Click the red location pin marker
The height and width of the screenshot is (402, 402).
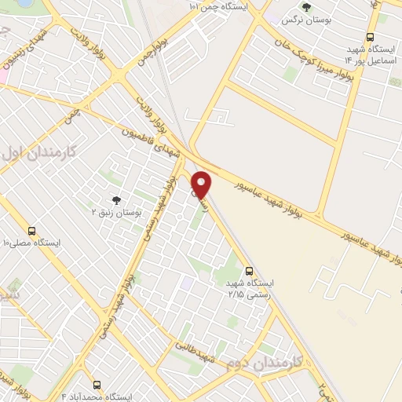pyautogui.click(x=202, y=185)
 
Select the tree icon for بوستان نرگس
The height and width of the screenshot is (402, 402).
pyautogui.click(x=305, y=7)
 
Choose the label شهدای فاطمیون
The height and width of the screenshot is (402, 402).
pyautogui.click(x=152, y=146)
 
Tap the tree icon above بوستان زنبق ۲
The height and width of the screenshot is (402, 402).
pyautogui.click(x=116, y=200)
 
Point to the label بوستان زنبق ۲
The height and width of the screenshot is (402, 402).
pyautogui.click(x=117, y=213)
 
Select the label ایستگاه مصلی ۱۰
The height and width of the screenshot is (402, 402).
pyautogui.click(x=31, y=243)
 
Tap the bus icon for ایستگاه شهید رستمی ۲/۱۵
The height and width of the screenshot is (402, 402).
pyautogui.click(x=249, y=268)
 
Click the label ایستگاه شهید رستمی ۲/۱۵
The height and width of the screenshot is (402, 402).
pyautogui.click(x=247, y=287)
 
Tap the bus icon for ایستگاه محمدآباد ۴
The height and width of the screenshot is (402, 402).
pyautogui.click(x=97, y=385)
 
